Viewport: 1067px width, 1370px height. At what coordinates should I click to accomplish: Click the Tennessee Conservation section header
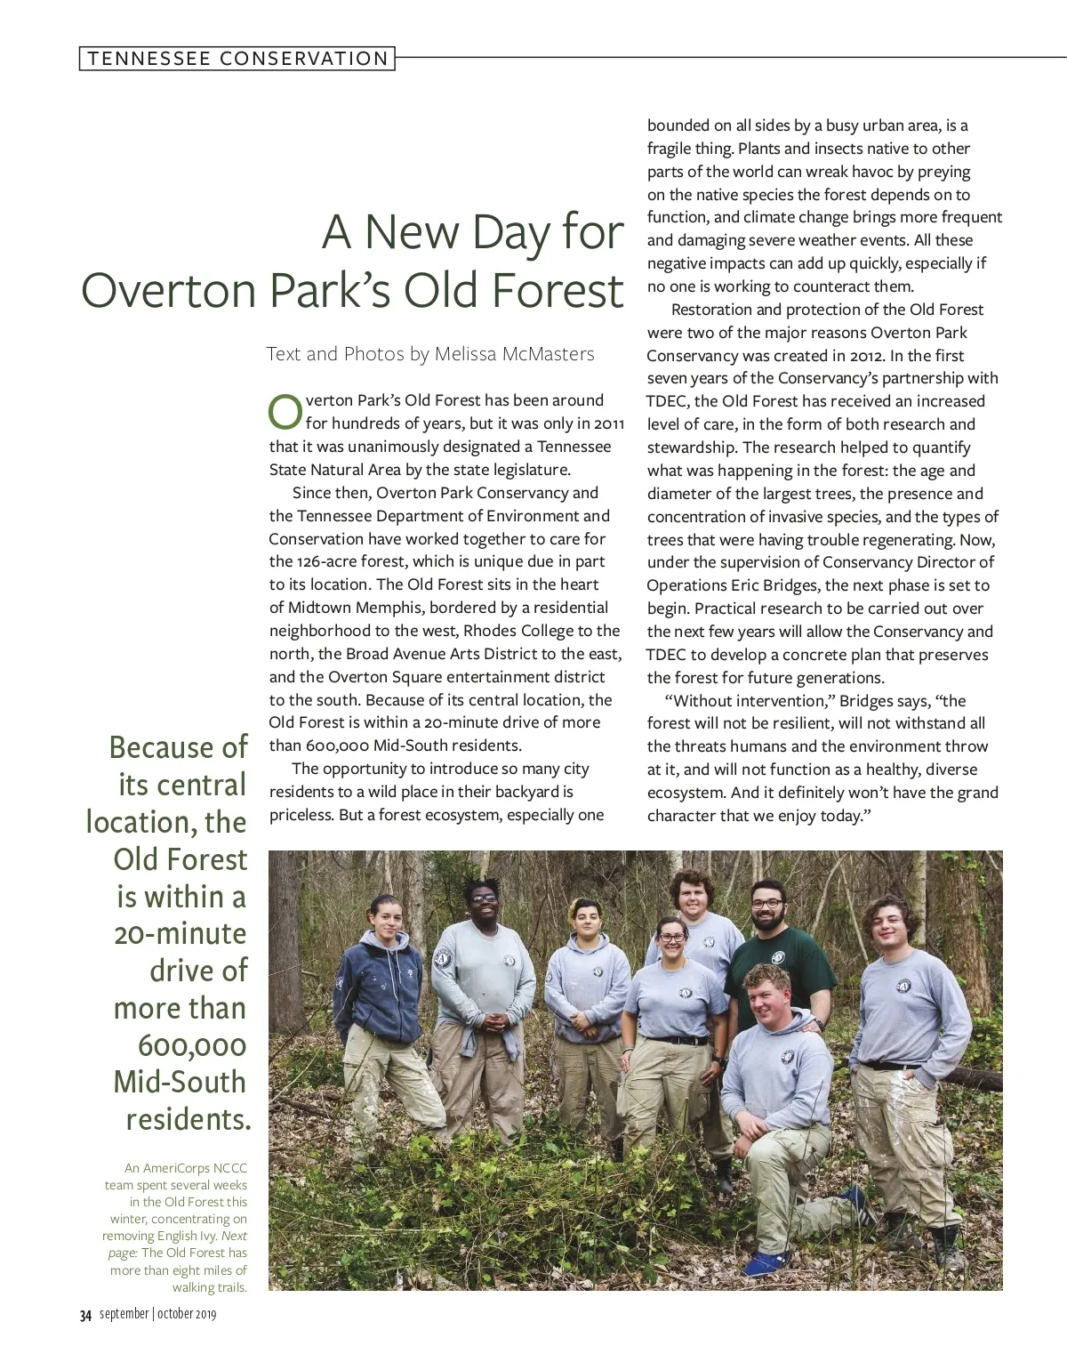pyautogui.click(x=237, y=59)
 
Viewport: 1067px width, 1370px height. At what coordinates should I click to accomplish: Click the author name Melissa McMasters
pyautogui.click(x=513, y=354)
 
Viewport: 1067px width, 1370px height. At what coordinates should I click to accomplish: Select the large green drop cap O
pyautogui.click(x=285, y=412)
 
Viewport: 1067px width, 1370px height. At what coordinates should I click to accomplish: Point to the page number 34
pyautogui.click(x=85, y=1316)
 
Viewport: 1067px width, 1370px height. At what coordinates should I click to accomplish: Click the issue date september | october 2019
pyautogui.click(x=157, y=1314)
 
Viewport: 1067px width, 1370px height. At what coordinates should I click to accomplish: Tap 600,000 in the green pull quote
pyautogui.click(x=192, y=1045)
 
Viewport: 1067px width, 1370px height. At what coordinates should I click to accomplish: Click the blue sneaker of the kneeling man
pyautogui.click(x=766, y=1262)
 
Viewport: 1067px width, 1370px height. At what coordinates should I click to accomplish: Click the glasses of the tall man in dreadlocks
pyautogui.click(x=485, y=899)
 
